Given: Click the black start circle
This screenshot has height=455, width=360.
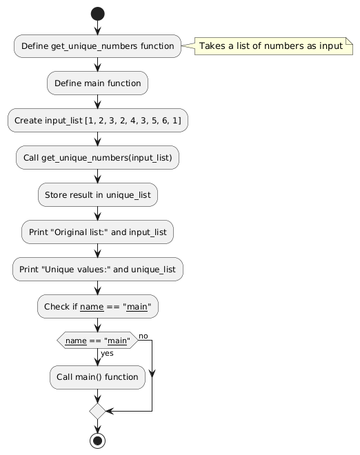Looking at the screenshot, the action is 97,14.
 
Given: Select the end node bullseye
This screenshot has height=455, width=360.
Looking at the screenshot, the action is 97,441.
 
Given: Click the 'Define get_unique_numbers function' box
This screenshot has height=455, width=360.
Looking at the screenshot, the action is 97,46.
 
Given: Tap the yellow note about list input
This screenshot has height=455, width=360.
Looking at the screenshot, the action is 274,46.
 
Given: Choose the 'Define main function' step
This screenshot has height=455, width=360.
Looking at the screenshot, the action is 97,83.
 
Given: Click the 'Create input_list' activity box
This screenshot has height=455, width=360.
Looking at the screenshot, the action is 98,121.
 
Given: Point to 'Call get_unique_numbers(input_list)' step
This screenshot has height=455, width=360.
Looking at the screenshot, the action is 97,158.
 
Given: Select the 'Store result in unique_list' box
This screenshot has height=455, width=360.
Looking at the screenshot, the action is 98,194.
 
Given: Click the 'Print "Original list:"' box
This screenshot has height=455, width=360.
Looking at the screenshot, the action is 97,232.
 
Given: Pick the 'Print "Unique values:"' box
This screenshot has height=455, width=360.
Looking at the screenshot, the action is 98,270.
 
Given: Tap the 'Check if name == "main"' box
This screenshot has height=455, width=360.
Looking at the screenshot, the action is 98,306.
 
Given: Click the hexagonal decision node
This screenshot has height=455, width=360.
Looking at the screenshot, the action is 97,341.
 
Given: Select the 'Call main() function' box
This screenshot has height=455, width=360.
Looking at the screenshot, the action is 97,377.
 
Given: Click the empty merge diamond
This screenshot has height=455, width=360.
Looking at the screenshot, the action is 97,411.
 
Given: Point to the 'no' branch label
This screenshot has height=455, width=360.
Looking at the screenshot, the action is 143,336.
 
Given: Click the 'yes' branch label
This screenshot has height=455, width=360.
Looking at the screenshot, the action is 107,353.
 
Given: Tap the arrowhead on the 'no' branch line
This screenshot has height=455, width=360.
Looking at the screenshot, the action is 152,374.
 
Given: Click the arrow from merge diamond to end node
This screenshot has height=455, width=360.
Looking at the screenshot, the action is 97,426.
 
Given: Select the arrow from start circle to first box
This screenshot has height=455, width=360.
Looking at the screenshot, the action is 97,28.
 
